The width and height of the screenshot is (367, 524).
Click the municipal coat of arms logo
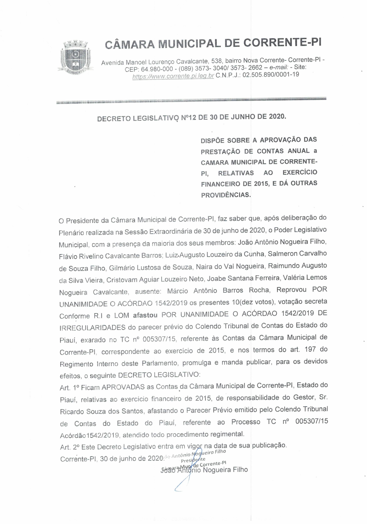(x=76, y=57)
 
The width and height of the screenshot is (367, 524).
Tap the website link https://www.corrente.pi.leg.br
(x=173, y=76)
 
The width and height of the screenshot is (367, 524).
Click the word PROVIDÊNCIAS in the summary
(x=226, y=195)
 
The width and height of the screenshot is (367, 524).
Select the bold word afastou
(x=145, y=315)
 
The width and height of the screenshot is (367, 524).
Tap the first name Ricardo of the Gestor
(x=71, y=411)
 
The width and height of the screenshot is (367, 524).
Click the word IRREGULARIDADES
(x=92, y=328)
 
